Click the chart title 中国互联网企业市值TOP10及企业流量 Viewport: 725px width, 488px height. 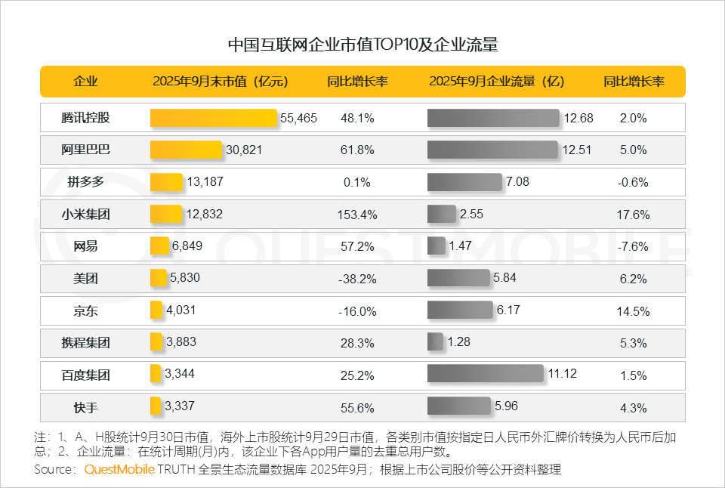coord(362,45)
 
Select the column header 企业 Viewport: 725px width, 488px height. coord(85,82)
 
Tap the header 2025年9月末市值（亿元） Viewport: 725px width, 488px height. coord(220,82)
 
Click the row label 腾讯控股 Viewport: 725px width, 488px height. coord(85,118)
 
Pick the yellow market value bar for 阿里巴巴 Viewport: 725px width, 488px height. coord(186,150)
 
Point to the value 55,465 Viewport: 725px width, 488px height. coord(298,118)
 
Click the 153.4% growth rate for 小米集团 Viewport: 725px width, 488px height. coord(357,215)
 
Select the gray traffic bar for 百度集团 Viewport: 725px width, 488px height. coord(485,374)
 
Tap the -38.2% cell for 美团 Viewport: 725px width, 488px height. coord(357,279)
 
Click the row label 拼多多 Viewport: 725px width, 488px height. coord(85,182)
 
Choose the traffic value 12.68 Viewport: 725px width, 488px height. coord(578,118)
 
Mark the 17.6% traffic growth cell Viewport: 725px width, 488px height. coord(633,215)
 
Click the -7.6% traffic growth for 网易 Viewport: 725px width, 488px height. coord(633,246)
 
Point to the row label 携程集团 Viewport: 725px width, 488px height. coord(85,342)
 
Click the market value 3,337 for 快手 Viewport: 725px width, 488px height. coord(180,406)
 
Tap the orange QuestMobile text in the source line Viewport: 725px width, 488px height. coord(119,469)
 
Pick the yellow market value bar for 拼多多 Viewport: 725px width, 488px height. coord(166,182)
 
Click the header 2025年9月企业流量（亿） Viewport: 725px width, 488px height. coord(496,82)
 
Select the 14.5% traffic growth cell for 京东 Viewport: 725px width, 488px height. coord(633,310)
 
